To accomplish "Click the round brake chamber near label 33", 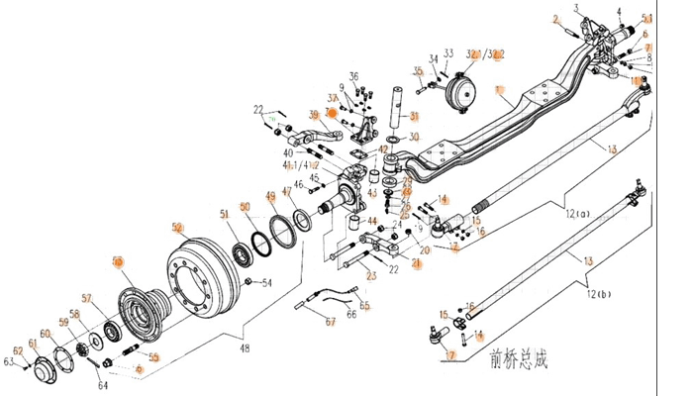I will (x=467, y=93).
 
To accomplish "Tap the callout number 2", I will (x=556, y=21).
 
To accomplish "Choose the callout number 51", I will (x=225, y=214).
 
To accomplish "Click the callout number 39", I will (x=314, y=115).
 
